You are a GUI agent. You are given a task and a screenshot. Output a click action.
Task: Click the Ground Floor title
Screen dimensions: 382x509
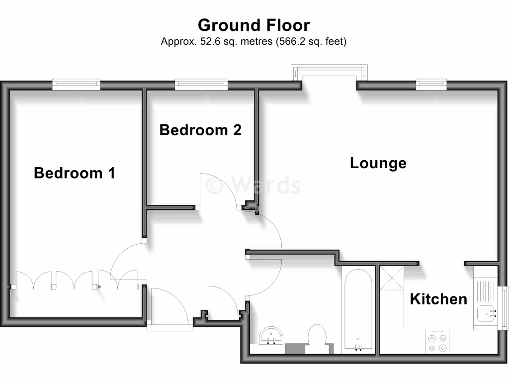pos(254,25)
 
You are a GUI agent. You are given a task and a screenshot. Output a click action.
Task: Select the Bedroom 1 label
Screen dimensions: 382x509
pos(75,173)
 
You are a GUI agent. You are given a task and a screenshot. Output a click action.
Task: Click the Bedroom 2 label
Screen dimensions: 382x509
pos(200,130)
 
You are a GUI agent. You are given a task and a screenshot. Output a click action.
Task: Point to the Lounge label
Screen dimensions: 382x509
pos(378,163)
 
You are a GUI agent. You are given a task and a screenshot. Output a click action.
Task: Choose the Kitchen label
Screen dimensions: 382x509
pos(438,299)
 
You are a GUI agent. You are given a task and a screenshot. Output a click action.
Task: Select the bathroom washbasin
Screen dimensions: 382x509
pos(271,336)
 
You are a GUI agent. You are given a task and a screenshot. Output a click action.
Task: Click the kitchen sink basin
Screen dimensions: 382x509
pos(486,313)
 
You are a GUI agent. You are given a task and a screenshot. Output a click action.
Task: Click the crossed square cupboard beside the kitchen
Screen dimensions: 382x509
pos(392,279)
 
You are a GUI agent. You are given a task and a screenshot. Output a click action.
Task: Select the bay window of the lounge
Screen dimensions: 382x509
pos(330,73)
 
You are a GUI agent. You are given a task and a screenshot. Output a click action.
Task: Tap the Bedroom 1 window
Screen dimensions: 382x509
pos(76,85)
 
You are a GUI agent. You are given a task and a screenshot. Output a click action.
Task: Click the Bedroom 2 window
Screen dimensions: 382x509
pos(201,85)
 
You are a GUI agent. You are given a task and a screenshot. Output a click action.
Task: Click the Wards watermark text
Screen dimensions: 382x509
pos(254,186)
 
